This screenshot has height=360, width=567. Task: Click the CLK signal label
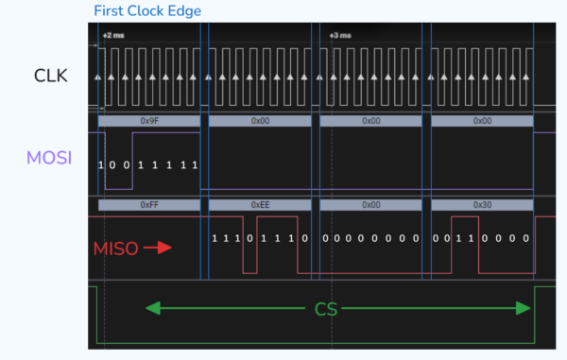pyautogui.click(x=50, y=76)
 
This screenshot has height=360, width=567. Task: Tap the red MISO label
pyautogui.click(x=116, y=249)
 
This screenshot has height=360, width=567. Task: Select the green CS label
pyautogui.click(x=327, y=309)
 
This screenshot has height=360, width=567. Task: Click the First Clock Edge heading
pyautogui.click(x=147, y=11)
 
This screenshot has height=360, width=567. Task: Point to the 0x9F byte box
pyautogui.click(x=149, y=121)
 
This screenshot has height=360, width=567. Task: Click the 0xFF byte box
pyautogui.click(x=149, y=204)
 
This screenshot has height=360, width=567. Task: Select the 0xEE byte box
pyautogui.click(x=261, y=204)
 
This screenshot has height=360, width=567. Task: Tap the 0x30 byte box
pyautogui.click(x=482, y=204)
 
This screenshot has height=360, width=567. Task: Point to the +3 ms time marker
pyautogui.click(x=339, y=36)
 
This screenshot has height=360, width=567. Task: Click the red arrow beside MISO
pyautogui.click(x=157, y=249)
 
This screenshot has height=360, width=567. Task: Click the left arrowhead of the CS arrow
pyautogui.click(x=150, y=308)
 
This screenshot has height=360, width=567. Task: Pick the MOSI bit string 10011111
pyautogui.click(x=148, y=165)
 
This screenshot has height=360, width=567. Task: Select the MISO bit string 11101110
pyautogui.click(x=260, y=239)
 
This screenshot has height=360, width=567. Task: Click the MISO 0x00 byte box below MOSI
pyautogui.click(x=371, y=204)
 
